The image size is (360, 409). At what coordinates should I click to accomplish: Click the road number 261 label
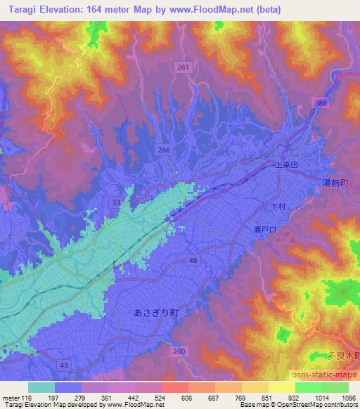point(183,67)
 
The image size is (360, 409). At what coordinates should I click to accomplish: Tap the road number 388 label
point(321,103)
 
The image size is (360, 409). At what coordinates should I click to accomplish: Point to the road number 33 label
point(115,202)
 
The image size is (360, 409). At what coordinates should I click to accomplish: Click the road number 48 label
point(193,260)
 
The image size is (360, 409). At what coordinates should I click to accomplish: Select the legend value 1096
point(348,398)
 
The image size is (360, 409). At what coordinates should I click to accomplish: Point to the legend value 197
point(68,398)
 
